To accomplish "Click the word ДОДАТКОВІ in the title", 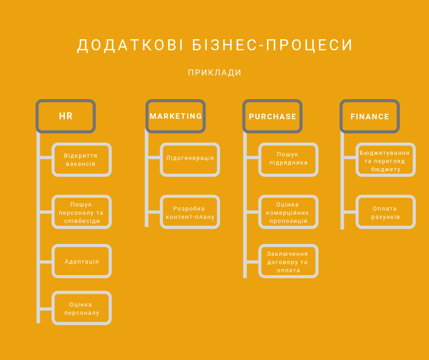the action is tap(130, 46).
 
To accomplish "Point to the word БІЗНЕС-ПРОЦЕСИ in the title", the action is tap(272, 45).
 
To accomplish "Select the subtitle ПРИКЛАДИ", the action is tap(215, 73).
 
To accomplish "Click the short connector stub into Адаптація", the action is tap(46, 262).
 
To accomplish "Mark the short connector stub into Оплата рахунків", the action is tap(350, 212).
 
